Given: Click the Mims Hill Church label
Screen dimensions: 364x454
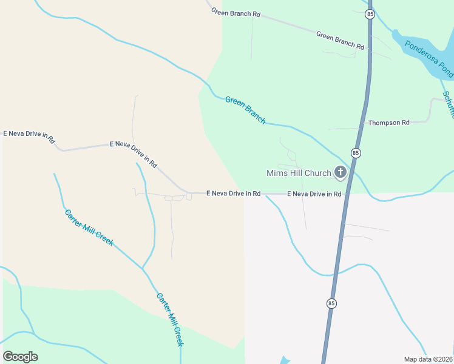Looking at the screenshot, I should click(x=299, y=173).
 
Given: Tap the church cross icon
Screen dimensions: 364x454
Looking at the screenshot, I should click(x=340, y=172).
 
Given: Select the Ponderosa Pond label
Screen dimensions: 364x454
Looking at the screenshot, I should click(x=429, y=59).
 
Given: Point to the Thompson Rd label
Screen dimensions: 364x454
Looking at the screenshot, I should click(x=389, y=123).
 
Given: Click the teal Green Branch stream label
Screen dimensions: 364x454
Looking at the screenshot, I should click(x=245, y=110).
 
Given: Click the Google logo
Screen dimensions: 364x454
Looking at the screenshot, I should click(x=21, y=357).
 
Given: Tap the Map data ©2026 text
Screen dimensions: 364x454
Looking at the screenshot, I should click(x=428, y=359).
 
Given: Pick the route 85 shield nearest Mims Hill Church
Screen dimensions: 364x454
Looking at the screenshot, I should click(x=356, y=153).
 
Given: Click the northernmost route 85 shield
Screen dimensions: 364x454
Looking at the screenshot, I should click(x=370, y=14).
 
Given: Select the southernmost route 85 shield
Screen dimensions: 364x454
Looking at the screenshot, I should click(x=331, y=303).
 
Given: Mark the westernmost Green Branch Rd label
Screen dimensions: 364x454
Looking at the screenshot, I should click(x=235, y=12).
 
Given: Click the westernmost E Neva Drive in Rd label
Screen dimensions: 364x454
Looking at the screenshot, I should click(x=29, y=136).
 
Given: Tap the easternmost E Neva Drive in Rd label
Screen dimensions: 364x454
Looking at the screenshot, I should click(x=314, y=194).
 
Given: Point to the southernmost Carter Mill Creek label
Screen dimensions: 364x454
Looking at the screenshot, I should click(x=169, y=320).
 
